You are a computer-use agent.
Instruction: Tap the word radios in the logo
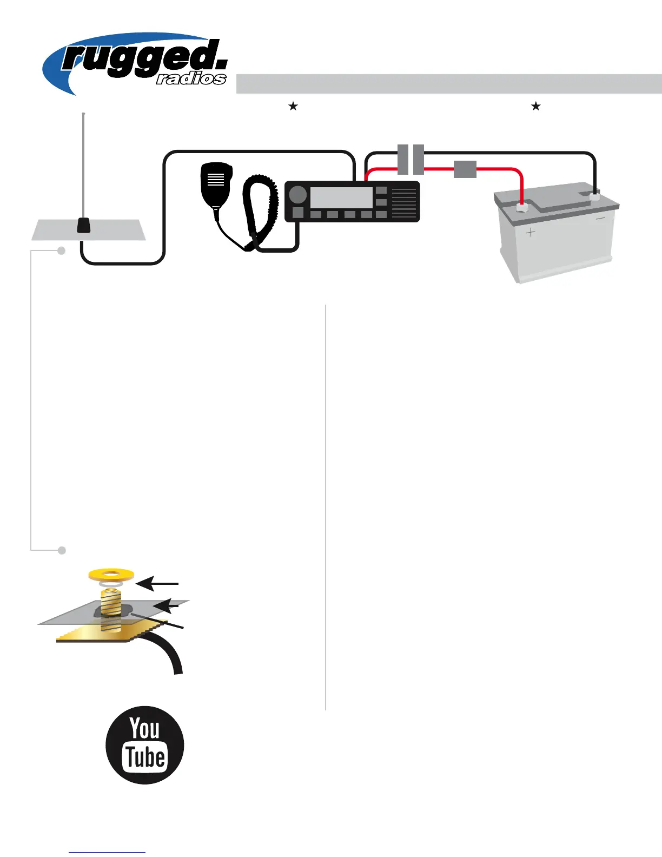(191, 79)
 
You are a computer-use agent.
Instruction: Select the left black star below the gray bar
(293, 106)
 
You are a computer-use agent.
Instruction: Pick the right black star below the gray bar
(536, 106)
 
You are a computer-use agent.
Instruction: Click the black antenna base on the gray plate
(83, 225)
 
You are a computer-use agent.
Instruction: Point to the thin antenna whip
(83, 162)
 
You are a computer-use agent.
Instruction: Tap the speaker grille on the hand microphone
(216, 179)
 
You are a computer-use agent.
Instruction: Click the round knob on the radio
(297, 195)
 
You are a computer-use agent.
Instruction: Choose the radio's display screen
(341, 197)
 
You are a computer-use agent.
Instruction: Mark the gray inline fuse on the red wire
(465, 169)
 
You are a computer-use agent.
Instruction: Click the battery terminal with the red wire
(522, 207)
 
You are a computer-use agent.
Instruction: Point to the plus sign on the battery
(531, 233)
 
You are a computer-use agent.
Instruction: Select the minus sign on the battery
(600, 219)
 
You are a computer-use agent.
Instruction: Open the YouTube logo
(145, 745)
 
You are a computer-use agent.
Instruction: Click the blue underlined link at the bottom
(107, 852)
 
